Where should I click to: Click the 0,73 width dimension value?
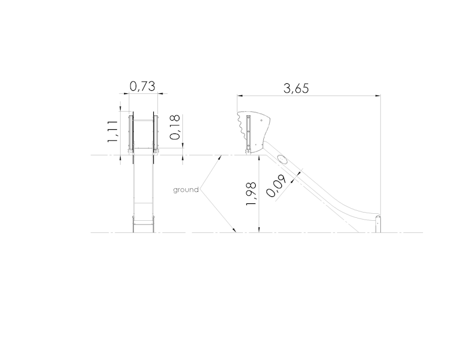[142, 86]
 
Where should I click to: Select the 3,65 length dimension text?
[296, 89]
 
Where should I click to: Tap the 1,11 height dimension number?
[113, 132]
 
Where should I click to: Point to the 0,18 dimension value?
[175, 127]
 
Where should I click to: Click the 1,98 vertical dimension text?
[251, 193]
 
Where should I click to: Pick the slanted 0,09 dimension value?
[276, 186]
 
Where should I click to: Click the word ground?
[186, 190]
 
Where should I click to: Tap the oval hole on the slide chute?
[283, 160]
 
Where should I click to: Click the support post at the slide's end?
[377, 224]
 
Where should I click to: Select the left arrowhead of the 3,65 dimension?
[240, 96]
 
